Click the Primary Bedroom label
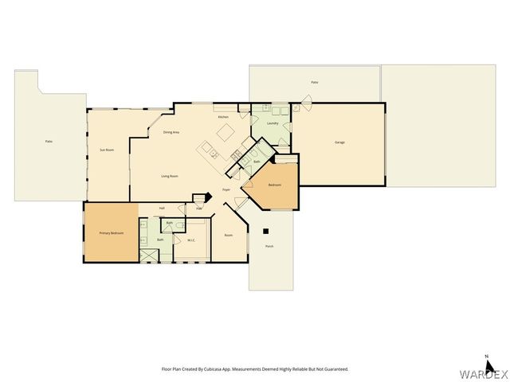tap(111, 233)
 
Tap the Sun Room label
tap(104, 150)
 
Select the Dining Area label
tap(170, 132)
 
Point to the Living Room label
tap(169, 176)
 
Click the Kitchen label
tap(224, 118)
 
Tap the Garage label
tap(339, 142)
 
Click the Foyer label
tap(226, 190)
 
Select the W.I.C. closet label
tap(191, 240)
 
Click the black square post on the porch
tap(265, 232)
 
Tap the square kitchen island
tap(226, 131)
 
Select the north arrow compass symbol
tap(486, 358)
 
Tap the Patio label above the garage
tap(314, 83)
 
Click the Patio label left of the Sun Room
tap(49, 142)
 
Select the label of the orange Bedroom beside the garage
tap(274, 185)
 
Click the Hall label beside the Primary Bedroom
tap(162, 208)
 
